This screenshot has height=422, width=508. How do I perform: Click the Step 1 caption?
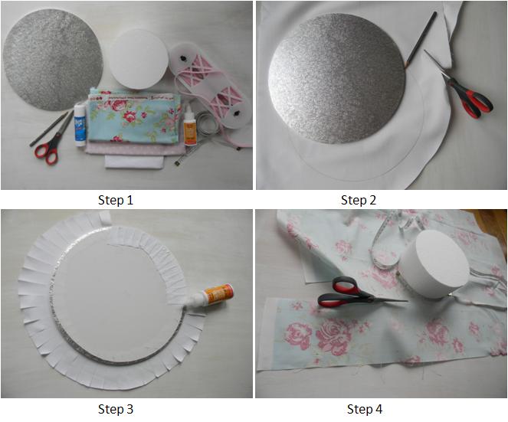(116, 200)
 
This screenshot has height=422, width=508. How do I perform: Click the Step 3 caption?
(116, 409)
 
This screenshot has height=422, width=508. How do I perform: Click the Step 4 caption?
(364, 409)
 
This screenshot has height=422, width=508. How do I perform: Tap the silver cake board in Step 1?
(52, 58)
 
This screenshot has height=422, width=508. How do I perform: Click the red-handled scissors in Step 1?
(48, 149)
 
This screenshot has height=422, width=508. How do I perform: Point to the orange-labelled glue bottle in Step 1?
(188, 123)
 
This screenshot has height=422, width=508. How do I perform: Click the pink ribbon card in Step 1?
(210, 80)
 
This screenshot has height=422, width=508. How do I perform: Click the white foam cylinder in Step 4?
(433, 264)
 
